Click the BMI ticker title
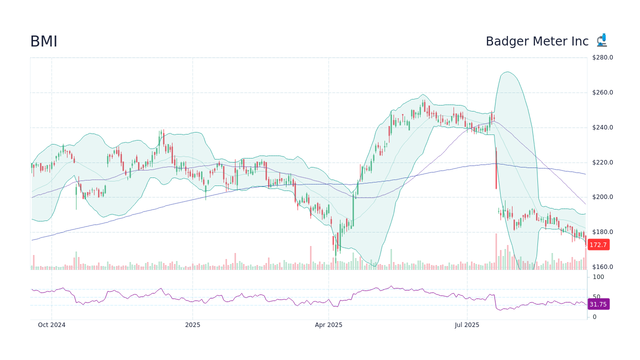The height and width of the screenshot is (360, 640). pos(43,41)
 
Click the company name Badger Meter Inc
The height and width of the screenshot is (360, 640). pos(537,41)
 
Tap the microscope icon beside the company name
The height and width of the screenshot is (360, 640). pos(601,40)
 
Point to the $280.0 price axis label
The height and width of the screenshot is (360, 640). pos(602,57)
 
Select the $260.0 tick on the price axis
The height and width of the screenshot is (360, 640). pos(602,92)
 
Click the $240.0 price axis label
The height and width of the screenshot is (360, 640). pos(602,127)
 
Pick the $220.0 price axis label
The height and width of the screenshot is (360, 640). pos(602,162)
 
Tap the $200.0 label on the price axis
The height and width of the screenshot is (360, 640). pos(602,197)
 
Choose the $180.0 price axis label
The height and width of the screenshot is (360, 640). pos(602,232)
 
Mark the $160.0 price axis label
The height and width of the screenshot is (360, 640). pos(602,267)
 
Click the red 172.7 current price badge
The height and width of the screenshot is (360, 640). pos(598,244)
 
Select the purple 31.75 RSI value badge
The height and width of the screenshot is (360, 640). pos(598,304)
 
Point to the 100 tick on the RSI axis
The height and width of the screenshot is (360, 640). pos(598,277)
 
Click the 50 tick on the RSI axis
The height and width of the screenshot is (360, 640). pos(596,297)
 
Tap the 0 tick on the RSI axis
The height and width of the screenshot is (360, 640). pos(594,317)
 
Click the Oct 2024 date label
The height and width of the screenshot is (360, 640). pos(51,325)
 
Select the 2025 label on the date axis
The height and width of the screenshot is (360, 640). pos(192,325)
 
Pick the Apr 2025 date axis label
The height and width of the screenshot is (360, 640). pos(328,325)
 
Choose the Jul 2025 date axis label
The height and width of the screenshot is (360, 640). pos(467,325)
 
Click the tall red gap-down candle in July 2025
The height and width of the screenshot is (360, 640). pos(496,168)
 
